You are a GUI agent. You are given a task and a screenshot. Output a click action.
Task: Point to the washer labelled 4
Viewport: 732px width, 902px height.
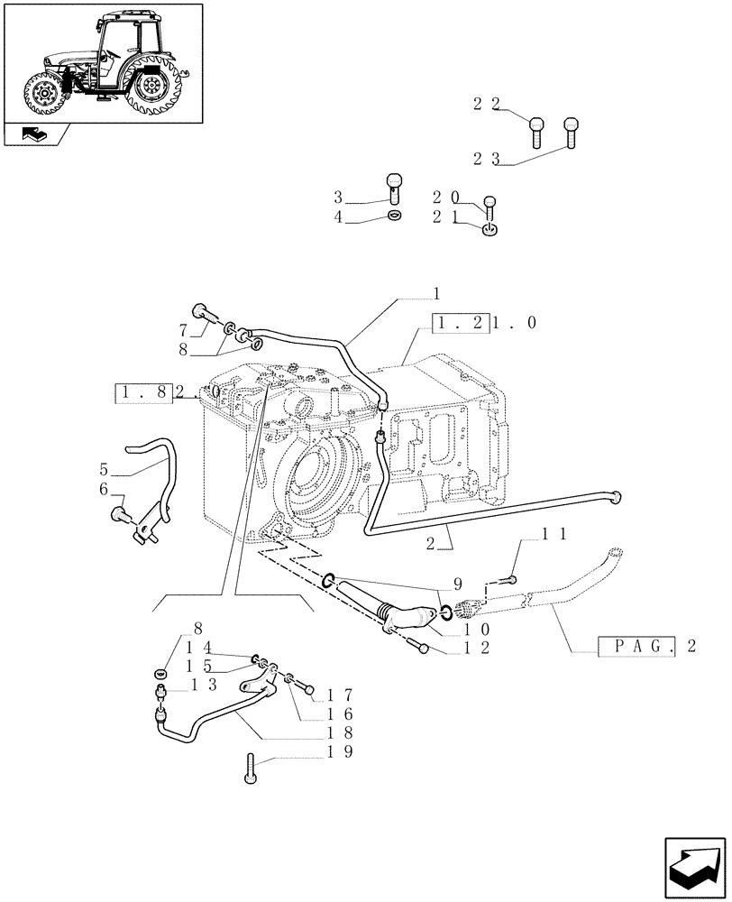394,216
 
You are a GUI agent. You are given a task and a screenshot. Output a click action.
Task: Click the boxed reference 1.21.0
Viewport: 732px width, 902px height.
462,322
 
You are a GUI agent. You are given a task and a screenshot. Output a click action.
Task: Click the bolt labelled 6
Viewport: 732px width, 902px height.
117,514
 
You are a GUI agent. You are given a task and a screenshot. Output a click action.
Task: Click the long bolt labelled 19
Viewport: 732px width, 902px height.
251,769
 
